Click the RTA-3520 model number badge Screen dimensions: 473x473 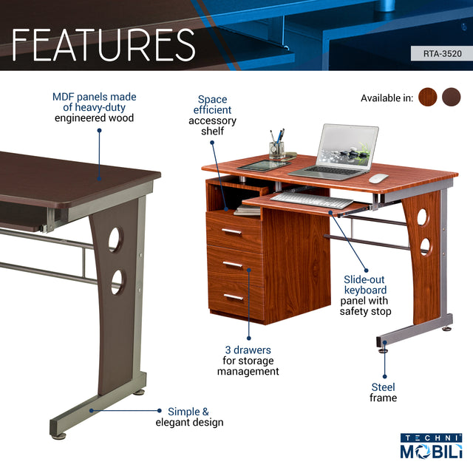tap(441, 53)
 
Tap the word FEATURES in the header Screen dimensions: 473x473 tap(103, 45)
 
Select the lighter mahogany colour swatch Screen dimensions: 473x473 tap(427, 98)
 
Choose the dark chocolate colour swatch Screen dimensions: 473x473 tap(451, 98)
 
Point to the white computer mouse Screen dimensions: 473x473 tap(378, 178)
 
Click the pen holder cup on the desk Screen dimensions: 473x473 tap(276, 149)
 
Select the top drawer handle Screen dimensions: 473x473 tap(232, 232)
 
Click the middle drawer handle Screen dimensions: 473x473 tap(233, 265)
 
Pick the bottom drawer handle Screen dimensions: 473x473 tap(234, 297)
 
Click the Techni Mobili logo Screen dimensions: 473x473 tap(431, 447)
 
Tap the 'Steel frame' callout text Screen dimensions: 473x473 tap(383, 392)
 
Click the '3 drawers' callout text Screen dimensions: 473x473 tap(248, 361)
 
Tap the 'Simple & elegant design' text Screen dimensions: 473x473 tap(189, 417)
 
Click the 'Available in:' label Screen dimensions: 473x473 tap(387, 98)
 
